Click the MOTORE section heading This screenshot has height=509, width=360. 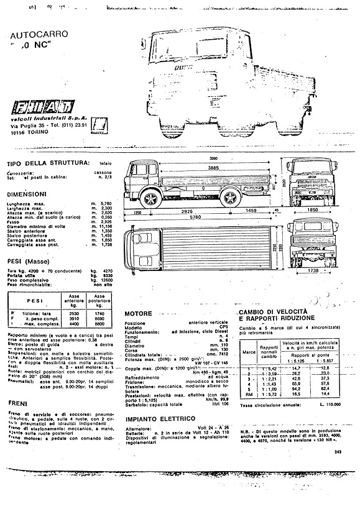point(139,313)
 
